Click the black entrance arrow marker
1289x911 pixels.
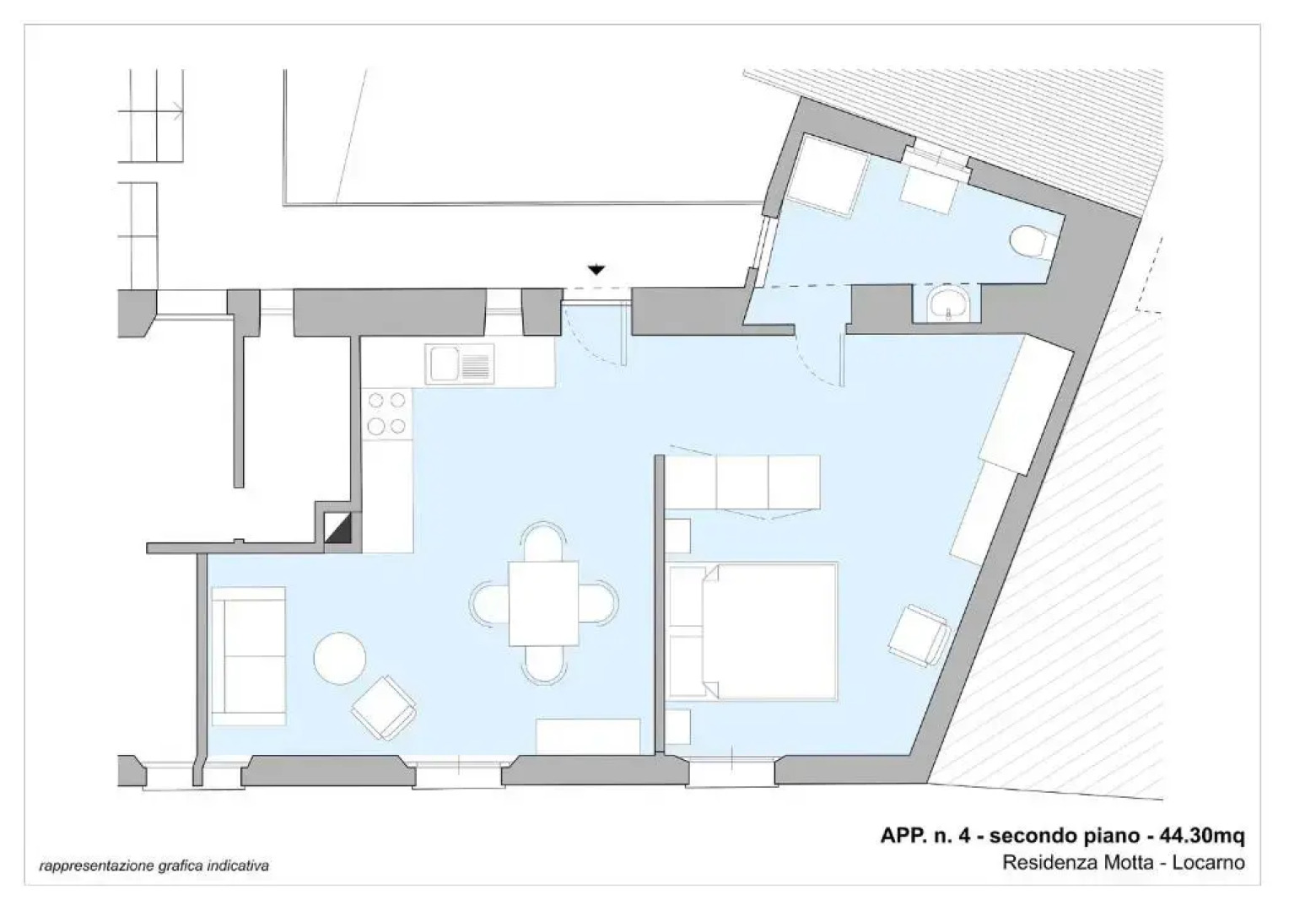[x=596, y=271]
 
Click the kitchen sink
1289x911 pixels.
[x=460, y=365]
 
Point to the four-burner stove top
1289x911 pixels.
[x=387, y=413]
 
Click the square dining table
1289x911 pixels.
[x=544, y=602]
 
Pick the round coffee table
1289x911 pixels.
[x=339, y=658]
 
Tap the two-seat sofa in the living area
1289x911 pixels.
[x=247, y=656]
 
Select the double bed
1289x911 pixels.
[x=752, y=631]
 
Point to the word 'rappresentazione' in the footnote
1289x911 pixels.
[x=83, y=866]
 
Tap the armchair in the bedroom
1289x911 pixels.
[x=917, y=634]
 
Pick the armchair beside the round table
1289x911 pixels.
[x=385, y=707]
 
